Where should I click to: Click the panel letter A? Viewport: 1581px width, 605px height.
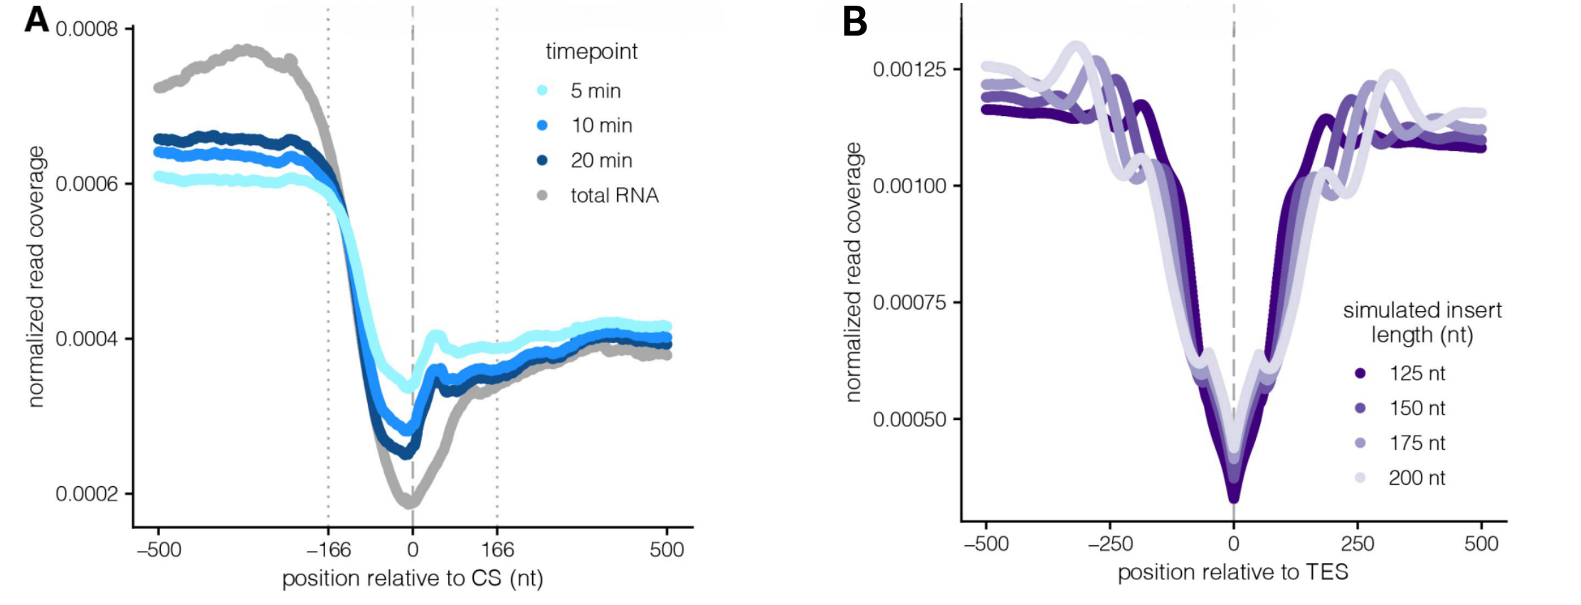click(36, 19)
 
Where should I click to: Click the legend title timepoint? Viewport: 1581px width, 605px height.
click(591, 52)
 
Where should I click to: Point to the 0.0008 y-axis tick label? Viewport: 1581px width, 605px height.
click(87, 29)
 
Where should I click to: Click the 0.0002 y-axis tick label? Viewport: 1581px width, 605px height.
click(87, 494)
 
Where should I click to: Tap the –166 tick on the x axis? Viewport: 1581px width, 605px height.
click(329, 549)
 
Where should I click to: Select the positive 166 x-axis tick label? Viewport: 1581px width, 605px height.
click(497, 549)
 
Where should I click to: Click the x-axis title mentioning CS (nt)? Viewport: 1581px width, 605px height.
click(413, 579)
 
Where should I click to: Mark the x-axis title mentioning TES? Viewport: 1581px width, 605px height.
click(1233, 572)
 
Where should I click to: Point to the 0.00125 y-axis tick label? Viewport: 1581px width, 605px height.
click(909, 70)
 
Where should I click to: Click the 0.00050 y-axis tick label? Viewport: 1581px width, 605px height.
click(909, 419)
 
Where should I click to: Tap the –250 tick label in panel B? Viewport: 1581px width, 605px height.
click(1110, 544)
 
